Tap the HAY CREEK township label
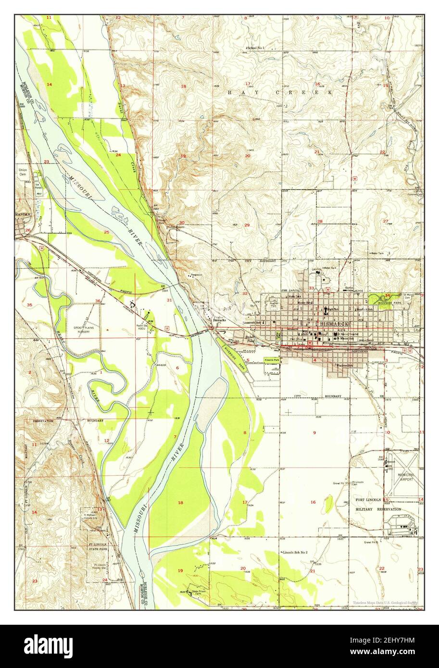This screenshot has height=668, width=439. [x=280, y=91]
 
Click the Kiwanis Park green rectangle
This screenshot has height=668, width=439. [x=273, y=360]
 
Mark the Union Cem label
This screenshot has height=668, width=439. [x=22, y=173]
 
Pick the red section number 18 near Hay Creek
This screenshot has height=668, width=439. [x=183, y=87]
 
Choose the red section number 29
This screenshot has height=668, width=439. [x=247, y=225]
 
